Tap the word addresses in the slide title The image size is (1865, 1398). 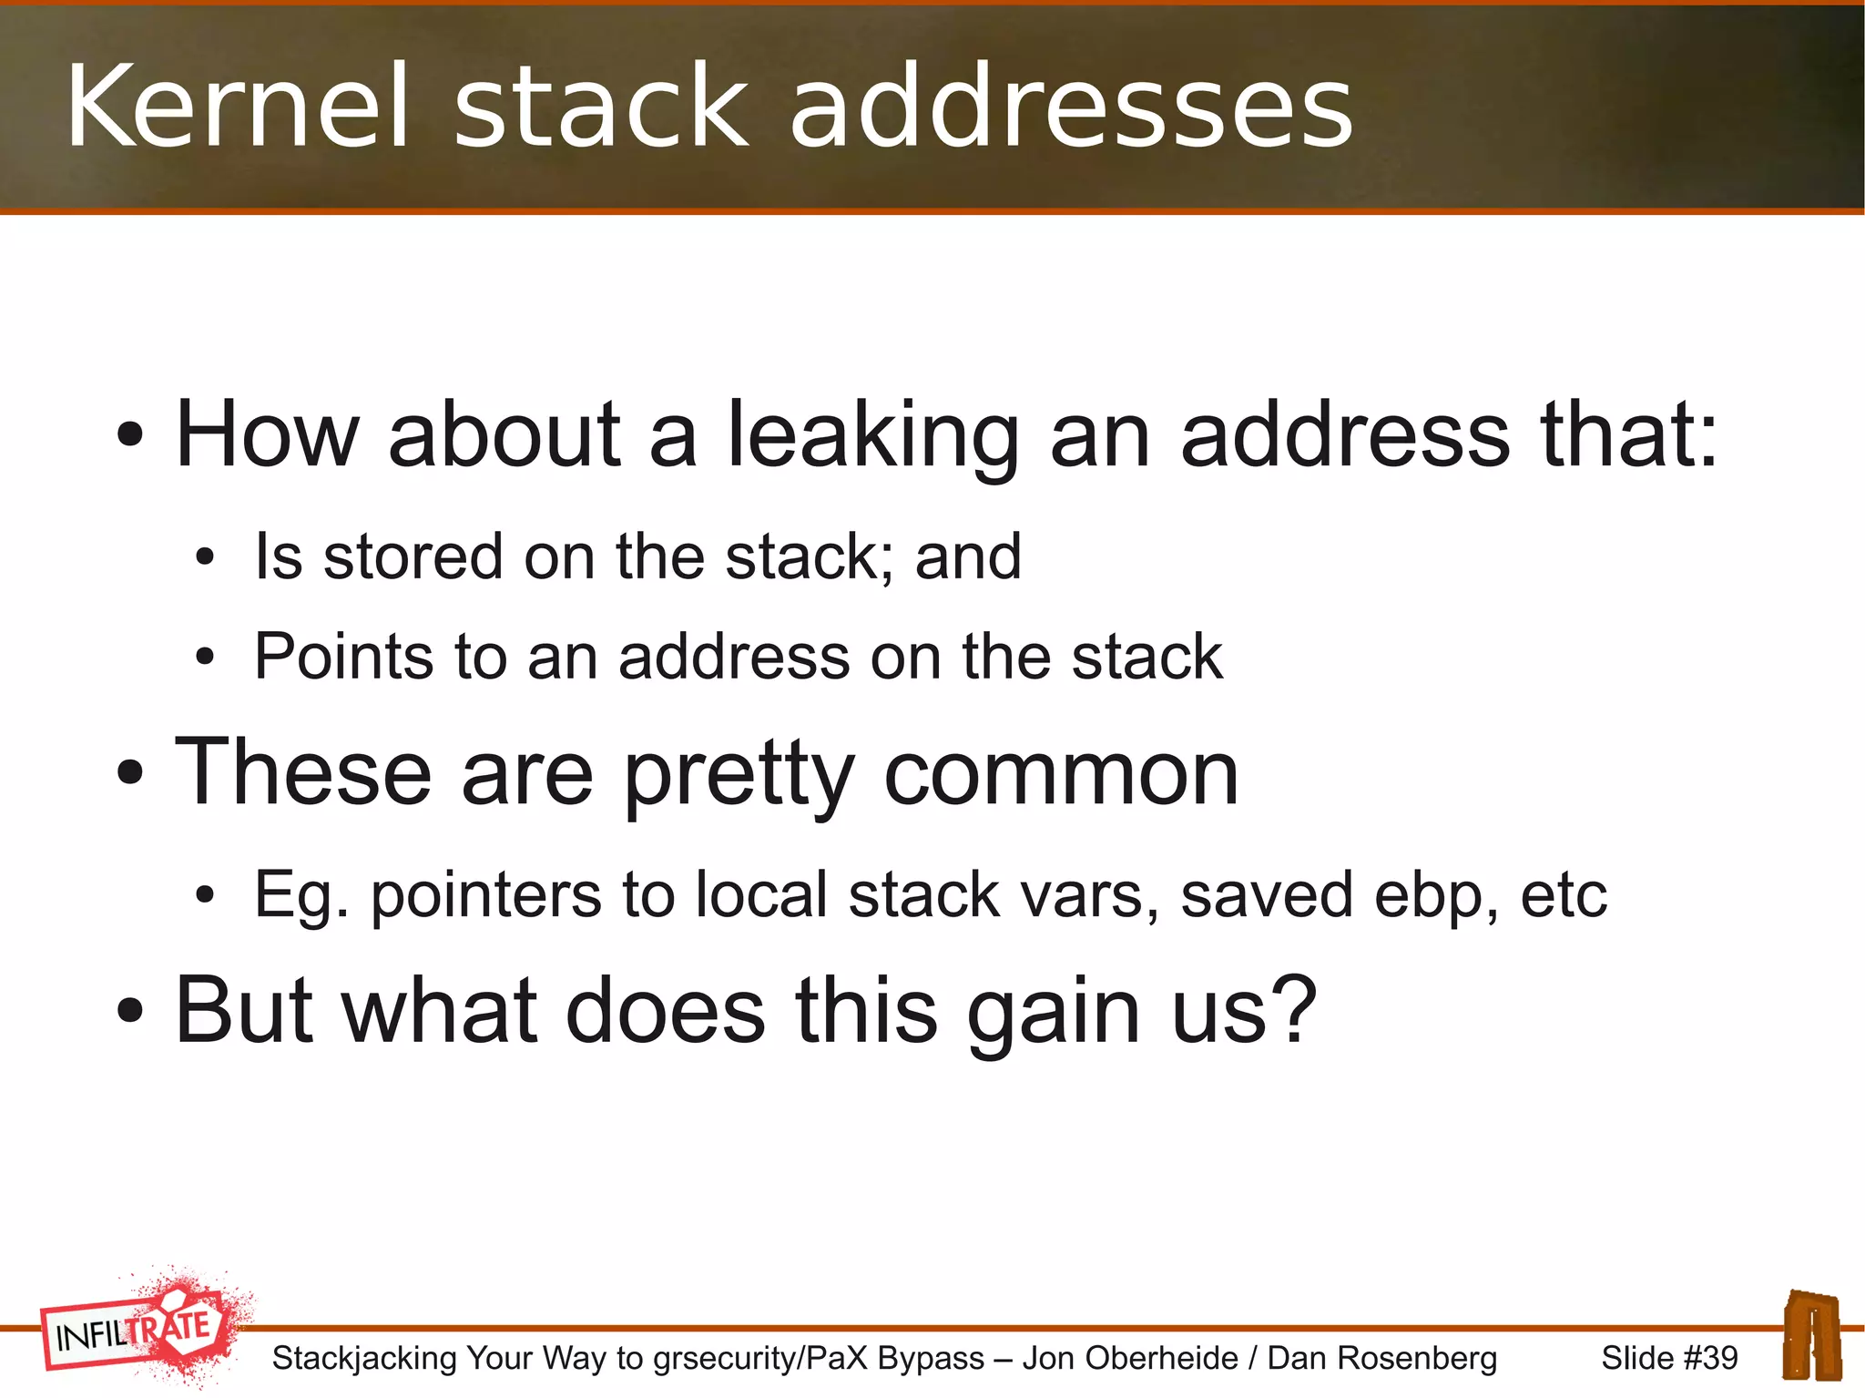pos(1071,107)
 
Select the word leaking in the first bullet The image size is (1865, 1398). pos(873,437)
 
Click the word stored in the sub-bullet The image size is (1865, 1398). pos(413,556)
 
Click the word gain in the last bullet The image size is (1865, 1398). pos(1054,1013)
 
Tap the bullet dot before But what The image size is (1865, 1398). pos(130,1011)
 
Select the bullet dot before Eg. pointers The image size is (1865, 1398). pos(205,896)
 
